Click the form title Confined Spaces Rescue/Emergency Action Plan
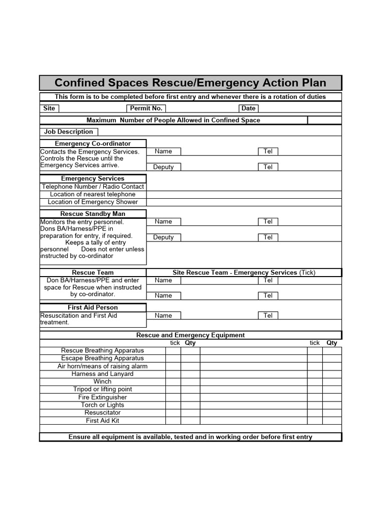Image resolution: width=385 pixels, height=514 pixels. click(x=190, y=83)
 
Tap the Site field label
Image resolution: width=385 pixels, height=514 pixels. click(x=49, y=108)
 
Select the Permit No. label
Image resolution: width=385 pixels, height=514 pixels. click(x=146, y=108)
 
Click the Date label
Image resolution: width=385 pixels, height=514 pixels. click(x=248, y=108)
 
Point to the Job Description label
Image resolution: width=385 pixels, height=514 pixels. click(x=69, y=132)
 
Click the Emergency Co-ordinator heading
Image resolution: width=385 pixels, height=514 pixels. click(x=93, y=144)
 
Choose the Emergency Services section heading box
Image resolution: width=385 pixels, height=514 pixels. click(x=93, y=179)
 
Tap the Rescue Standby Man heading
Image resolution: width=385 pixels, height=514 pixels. click(x=93, y=214)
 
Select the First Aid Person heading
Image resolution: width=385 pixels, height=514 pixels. click(x=93, y=307)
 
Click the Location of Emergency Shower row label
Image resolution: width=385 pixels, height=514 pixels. click(x=93, y=202)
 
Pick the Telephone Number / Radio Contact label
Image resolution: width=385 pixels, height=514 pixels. click(x=93, y=187)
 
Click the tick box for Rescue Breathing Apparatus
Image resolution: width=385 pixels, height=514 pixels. click(x=173, y=350)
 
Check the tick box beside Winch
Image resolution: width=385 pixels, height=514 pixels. click(x=173, y=381)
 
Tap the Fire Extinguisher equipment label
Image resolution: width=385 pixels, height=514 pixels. click(x=103, y=397)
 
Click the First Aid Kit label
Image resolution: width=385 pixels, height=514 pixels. click(x=103, y=421)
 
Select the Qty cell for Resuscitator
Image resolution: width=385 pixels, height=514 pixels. click(x=190, y=413)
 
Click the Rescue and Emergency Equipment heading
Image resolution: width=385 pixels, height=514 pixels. click(x=190, y=335)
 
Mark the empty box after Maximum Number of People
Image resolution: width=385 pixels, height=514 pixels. click(x=324, y=120)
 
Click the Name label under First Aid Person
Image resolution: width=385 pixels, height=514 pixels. click(x=163, y=316)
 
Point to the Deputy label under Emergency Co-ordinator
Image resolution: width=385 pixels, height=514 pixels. click(x=163, y=167)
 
